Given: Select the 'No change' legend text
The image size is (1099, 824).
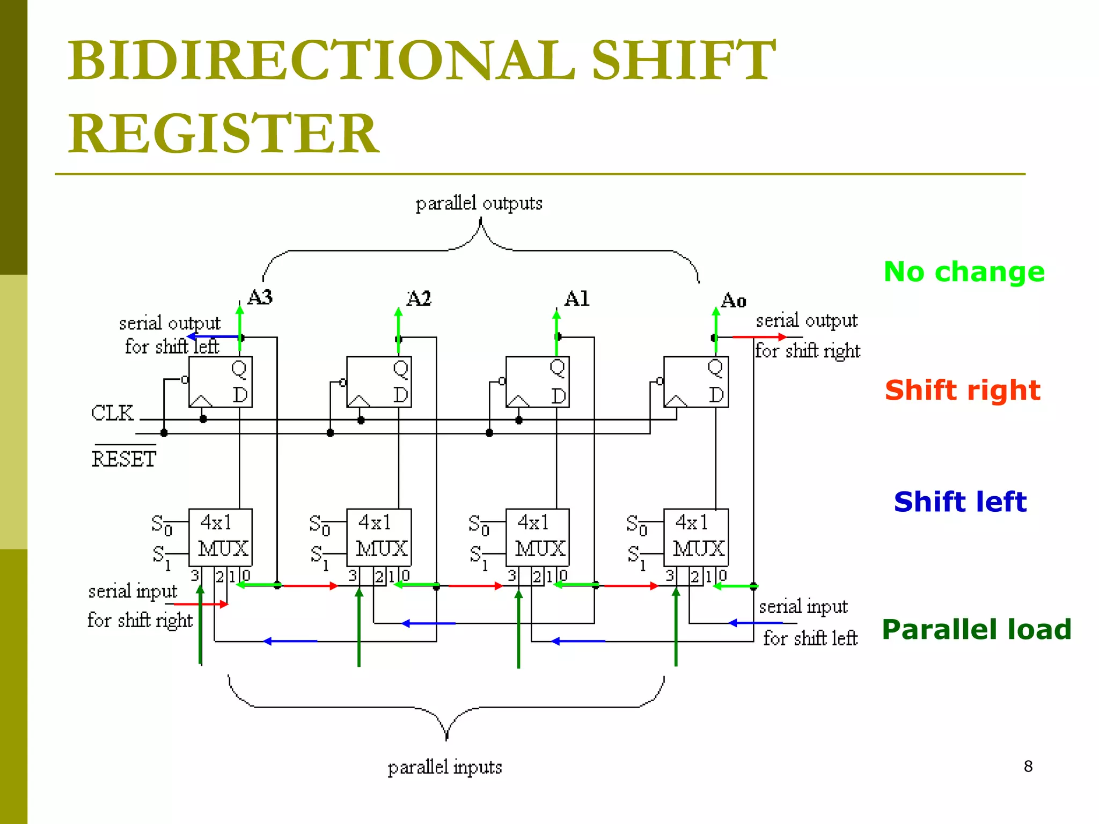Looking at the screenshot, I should pyautogui.click(x=964, y=271).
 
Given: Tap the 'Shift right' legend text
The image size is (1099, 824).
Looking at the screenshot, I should pyautogui.click(x=962, y=390).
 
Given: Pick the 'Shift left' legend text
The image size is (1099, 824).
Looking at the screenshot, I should pyautogui.click(x=959, y=502).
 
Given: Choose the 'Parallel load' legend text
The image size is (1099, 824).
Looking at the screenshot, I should pyautogui.click(x=976, y=629).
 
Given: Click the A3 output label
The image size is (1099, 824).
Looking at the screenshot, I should pyautogui.click(x=260, y=297).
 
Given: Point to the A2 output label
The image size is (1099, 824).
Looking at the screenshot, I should pyautogui.click(x=419, y=298).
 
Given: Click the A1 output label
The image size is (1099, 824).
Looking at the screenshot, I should pyautogui.click(x=577, y=298).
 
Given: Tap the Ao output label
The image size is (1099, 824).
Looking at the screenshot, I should pyautogui.click(x=734, y=300).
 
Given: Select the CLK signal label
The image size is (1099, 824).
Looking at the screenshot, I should pyautogui.click(x=112, y=413).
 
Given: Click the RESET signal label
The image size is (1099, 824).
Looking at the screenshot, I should pyautogui.click(x=124, y=459).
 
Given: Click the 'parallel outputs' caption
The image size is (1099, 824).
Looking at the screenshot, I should pyautogui.click(x=479, y=204).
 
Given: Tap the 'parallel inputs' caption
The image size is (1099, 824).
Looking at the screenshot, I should pyautogui.click(x=445, y=767).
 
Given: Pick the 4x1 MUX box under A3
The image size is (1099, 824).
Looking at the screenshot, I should pyautogui.click(x=221, y=537).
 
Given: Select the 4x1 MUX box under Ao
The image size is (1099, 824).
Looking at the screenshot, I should pyautogui.click(x=696, y=537).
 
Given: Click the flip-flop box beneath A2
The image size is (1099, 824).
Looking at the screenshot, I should pyautogui.click(x=379, y=382).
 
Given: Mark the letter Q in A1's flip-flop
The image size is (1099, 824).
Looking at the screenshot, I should pyautogui.click(x=558, y=367).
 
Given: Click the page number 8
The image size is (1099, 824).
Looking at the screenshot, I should pyautogui.click(x=1028, y=766).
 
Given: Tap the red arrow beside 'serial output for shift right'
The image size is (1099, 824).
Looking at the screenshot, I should pyautogui.click(x=759, y=337).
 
